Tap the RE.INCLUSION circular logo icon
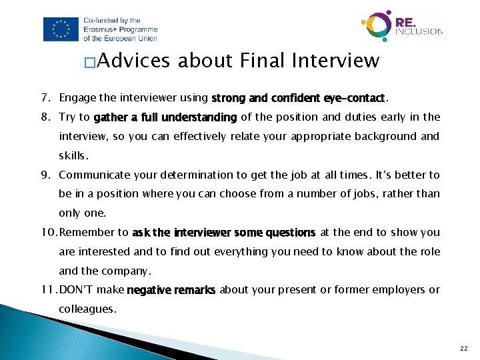(377, 26)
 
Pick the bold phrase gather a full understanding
(165, 118)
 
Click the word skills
(73, 155)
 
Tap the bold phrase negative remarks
(171, 291)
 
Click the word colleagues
(87, 309)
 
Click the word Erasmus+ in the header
(101, 29)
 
